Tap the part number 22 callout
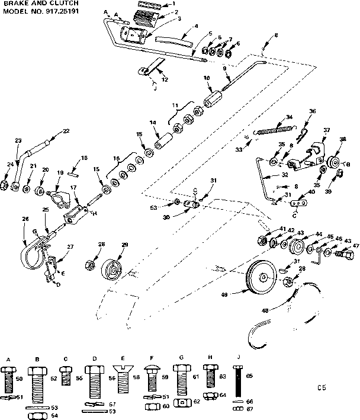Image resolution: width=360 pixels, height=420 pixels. click(66, 131)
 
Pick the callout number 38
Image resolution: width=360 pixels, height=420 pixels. click(343, 140)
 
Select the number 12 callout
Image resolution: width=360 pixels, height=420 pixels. click(165, 79)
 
